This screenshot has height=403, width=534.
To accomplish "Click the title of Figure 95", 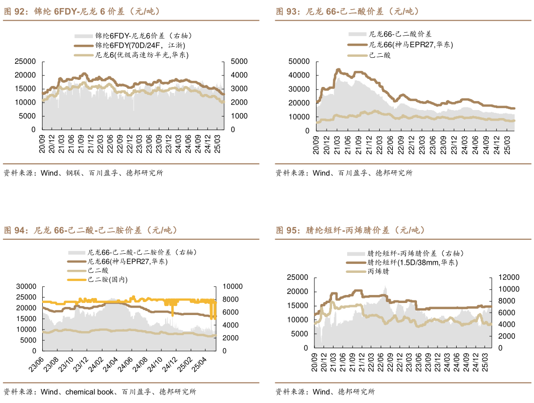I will pyautogui.click(x=350, y=230).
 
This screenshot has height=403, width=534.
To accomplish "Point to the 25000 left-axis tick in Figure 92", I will pyautogui.click(x=25, y=61).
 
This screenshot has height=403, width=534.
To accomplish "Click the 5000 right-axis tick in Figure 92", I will pyautogui.click(x=239, y=61).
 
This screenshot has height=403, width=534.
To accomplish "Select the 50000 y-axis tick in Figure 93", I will pyautogui.click(x=300, y=61).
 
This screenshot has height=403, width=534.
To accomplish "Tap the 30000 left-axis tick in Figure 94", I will pyautogui.click(x=26, y=286).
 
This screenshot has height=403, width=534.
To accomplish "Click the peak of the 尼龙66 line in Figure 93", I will pyautogui.click(x=338, y=69).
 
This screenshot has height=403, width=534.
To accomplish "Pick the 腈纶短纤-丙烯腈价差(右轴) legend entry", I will pyautogui.click(x=415, y=254).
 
